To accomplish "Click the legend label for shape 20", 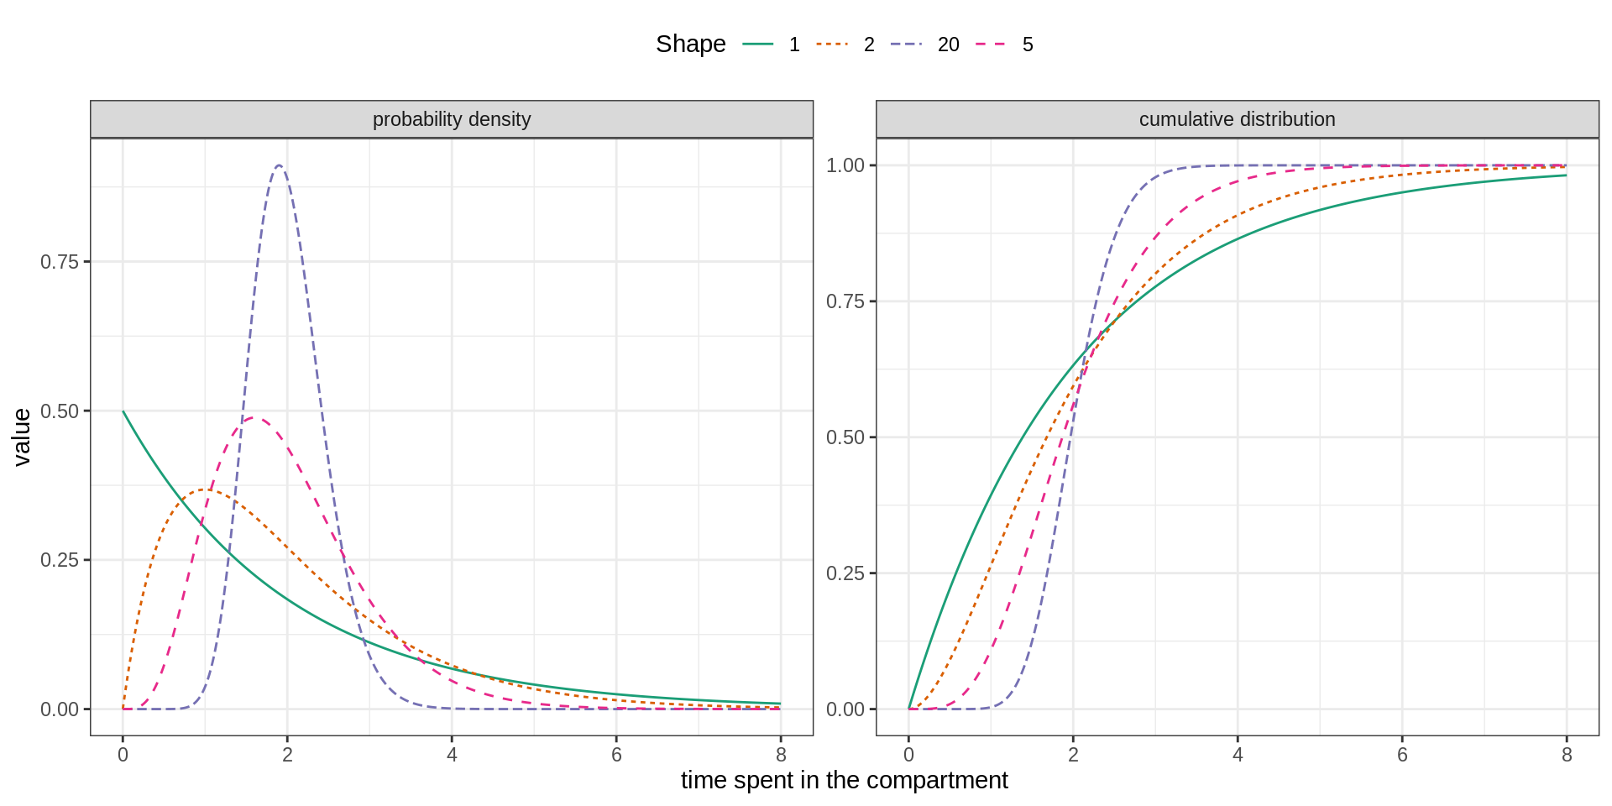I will tap(948, 44).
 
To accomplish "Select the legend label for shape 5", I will tap(1028, 44).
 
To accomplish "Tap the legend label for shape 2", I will tap(869, 44).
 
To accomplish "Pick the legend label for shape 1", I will tap(794, 44).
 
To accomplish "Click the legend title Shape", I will tap(690, 44).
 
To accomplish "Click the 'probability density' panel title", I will tap(452, 119).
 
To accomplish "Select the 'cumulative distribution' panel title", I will tap(1237, 119).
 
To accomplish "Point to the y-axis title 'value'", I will tap(22, 437).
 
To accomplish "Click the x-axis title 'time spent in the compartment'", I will tap(844, 780).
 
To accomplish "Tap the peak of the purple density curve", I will tap(279, 165).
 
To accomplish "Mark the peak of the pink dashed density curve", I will tap(255, 417).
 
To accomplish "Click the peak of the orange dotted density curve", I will tap(205, 489).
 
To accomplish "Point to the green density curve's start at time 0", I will tap(123, 411).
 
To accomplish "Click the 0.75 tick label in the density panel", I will tap(60, 262).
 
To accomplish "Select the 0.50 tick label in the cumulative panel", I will tap(845, 437).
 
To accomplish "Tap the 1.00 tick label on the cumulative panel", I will tap(845, 165).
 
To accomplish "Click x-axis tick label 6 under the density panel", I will tap(616, 755).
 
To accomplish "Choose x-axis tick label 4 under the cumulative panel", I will tap(1238, 755).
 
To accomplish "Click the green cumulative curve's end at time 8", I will tap(1566, 175).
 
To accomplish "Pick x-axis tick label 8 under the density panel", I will tap(781, 755).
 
